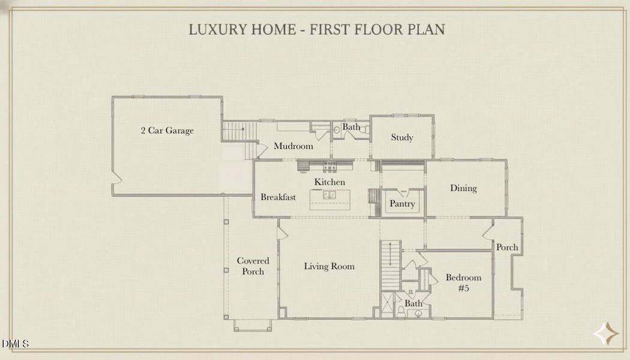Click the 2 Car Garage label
tap(167, 131)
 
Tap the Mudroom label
tap(293, 146)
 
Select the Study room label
tap(402, 137)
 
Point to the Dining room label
tap(463, 188)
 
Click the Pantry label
tap(402, 204)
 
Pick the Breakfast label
tap(278, 197)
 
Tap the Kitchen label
tap(329, 182)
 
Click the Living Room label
tap(329, 266)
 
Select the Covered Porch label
tap(253, 266)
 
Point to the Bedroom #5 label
tap(463, 283)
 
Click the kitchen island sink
tap(329, 195)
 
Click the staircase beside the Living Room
tap(391, 266)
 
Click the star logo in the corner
tap(606, 334)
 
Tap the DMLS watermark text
tap(15, 344)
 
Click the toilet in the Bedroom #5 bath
tap(401, 311)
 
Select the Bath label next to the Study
tap(351, 127)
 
